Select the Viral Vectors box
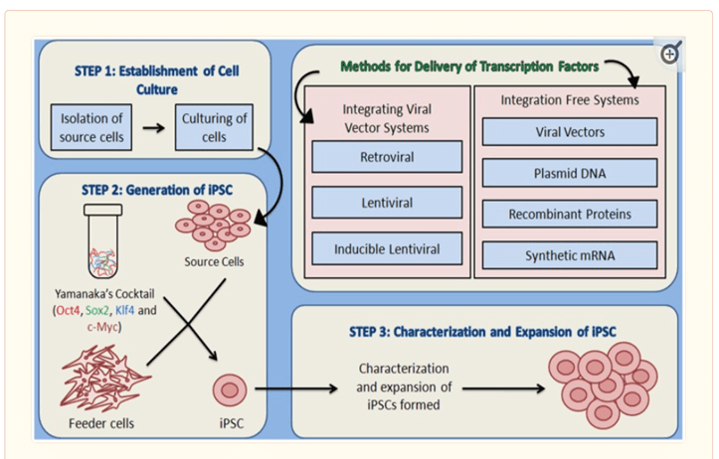[x=570, y=131]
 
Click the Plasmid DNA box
[x=570, y=173]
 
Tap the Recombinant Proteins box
[x=570, y=214]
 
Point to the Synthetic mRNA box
[x=570, y=255]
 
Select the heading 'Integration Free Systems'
[x=570, y=100]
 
